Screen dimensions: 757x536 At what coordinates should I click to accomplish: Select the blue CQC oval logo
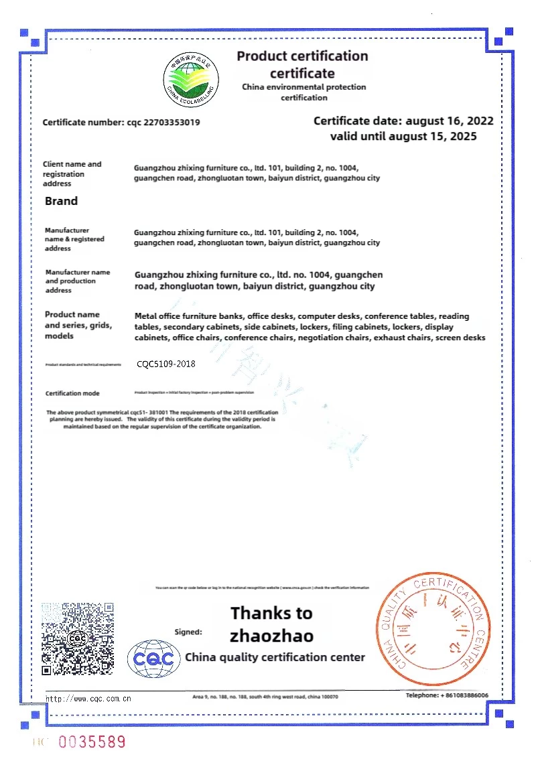(154, 658)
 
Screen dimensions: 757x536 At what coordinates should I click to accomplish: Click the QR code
(78, 638)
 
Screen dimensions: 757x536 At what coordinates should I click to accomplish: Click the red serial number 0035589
(92, 742)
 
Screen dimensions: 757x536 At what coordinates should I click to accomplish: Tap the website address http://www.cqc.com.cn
(88, 698)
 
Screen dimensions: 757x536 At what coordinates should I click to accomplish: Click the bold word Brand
(61, 201)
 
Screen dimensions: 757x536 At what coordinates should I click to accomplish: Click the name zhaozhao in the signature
(271, 634)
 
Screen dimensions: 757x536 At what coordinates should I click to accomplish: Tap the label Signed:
(188, 631)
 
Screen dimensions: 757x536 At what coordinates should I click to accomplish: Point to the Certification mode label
(72, 393)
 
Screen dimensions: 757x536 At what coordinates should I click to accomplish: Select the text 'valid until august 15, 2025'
(403, 136)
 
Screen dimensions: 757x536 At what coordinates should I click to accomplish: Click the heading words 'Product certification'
(302, 56)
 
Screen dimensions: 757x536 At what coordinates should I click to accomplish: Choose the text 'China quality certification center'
(275, 657)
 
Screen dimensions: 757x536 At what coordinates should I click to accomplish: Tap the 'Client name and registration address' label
(72, 174)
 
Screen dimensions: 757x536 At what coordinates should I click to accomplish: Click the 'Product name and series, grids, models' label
(78, 325)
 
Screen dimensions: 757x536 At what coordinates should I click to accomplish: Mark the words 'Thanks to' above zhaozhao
(271, 612)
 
